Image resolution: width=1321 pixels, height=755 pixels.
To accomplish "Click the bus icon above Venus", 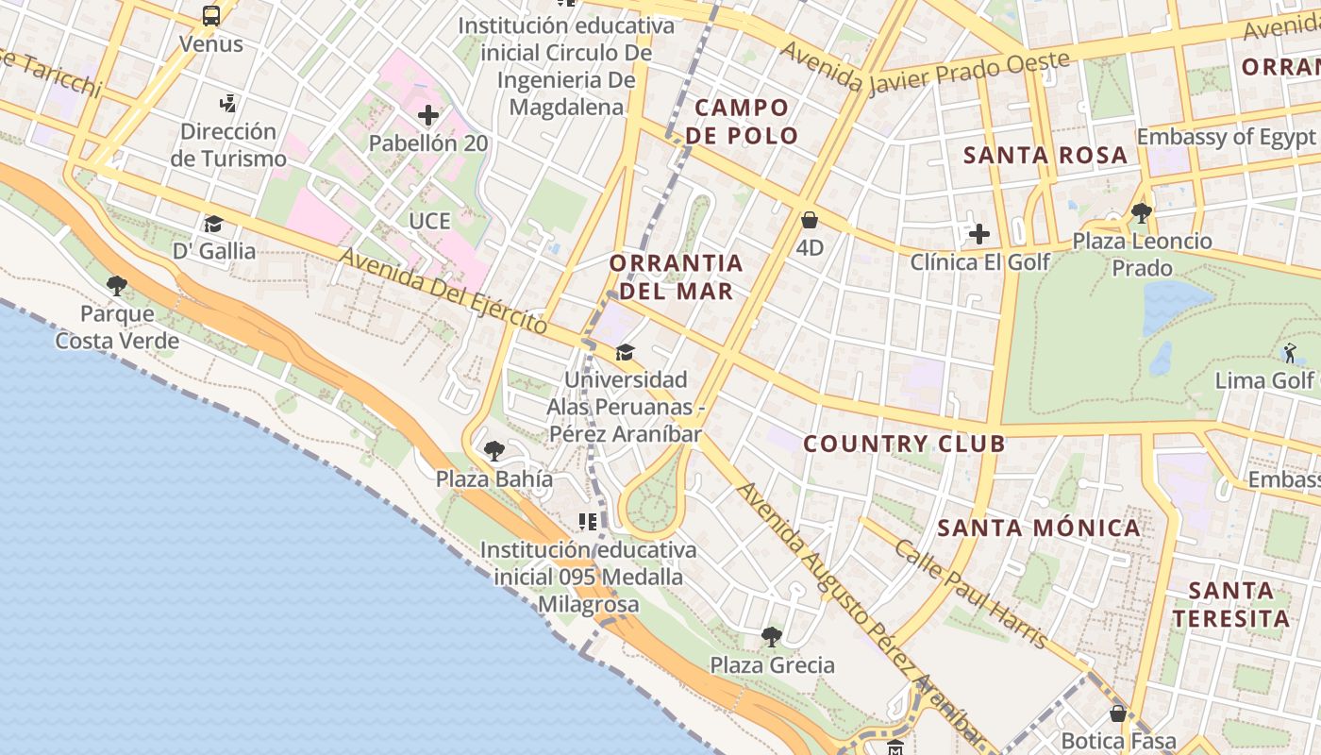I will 211,16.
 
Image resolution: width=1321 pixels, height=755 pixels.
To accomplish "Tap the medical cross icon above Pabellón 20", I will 428,116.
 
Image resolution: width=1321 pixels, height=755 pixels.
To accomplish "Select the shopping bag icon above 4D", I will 810,221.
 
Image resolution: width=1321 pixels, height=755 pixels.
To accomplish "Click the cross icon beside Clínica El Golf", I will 979,233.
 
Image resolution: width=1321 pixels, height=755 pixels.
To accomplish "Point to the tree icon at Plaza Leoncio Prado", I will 1141,213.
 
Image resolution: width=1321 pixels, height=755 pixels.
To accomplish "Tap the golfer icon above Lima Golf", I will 1290,354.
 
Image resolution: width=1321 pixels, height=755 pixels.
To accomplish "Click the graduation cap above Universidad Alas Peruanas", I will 625,353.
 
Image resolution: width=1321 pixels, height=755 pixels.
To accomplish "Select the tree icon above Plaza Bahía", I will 493,451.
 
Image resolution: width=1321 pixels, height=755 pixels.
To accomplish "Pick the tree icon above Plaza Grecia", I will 772,637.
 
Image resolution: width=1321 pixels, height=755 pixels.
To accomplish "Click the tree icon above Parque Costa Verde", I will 117,285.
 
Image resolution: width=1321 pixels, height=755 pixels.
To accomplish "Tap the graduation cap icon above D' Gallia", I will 214,224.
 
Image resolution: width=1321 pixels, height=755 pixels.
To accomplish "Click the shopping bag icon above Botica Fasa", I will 1118,713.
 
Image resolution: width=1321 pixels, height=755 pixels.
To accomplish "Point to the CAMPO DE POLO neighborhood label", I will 741,122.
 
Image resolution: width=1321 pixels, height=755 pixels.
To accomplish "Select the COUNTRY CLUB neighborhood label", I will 903,444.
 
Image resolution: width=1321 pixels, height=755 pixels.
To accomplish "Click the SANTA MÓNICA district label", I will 1039,528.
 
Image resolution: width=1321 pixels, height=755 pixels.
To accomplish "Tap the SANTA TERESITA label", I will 1230,605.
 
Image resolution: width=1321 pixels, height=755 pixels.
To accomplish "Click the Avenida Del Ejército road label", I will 443,290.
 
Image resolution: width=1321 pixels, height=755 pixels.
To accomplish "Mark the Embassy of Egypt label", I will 1225,137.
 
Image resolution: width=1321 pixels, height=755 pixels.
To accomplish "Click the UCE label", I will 429,221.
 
